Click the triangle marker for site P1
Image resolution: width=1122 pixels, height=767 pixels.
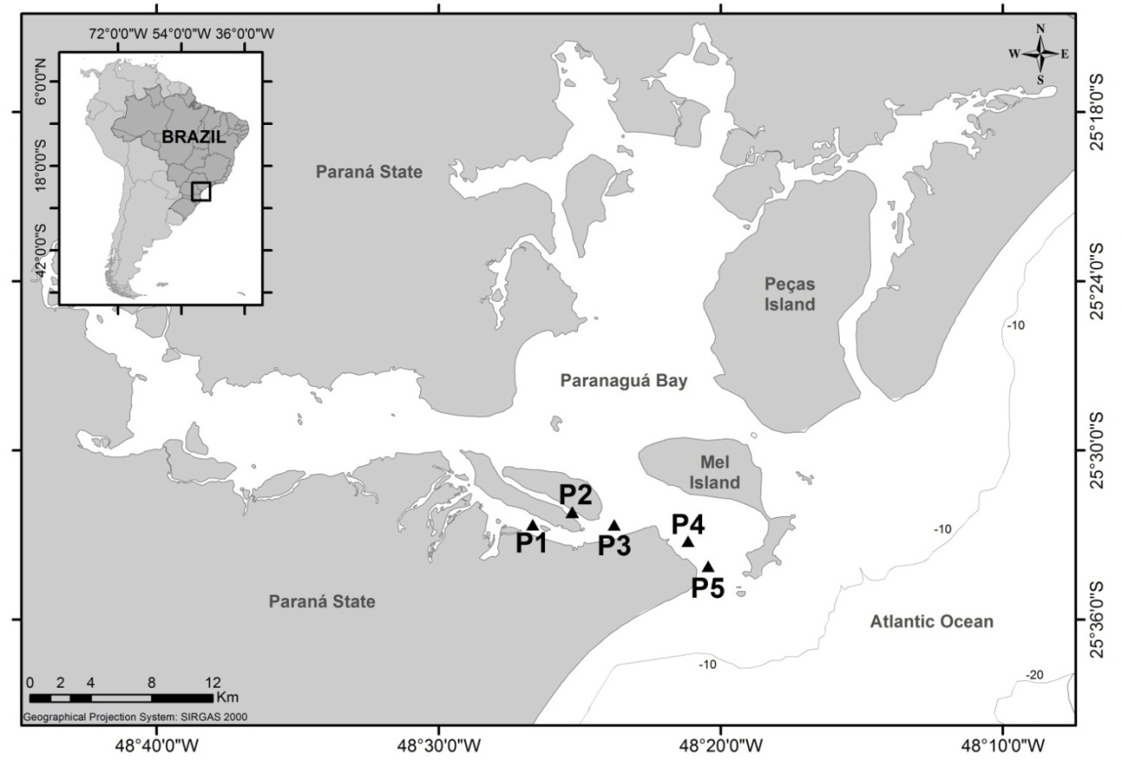coord(532,525)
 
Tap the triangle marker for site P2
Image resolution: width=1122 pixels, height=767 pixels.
coord(572,512)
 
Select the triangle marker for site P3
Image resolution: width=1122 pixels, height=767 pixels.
coord(614,525)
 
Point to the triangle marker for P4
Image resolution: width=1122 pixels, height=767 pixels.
coord(687,541)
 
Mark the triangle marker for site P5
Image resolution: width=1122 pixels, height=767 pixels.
coord(708,566)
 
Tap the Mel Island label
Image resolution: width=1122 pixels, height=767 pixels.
coord(719,472)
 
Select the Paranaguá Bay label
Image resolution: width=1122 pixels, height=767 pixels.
coord(623,380)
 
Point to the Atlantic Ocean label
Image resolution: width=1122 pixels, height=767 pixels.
coord(931,621)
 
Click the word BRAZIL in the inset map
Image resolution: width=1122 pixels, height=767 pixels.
coord(193,136)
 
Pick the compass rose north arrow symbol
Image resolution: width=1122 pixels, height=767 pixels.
coord(1040,53)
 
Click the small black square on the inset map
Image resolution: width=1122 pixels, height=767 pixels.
coord(201,191)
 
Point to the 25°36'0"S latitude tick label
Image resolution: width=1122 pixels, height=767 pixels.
coord(1097,620)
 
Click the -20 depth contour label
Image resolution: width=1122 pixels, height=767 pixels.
coord(1037,675)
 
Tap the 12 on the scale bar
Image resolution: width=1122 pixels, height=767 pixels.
coord(213,682)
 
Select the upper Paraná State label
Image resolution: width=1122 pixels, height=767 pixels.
coord(369,171)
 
